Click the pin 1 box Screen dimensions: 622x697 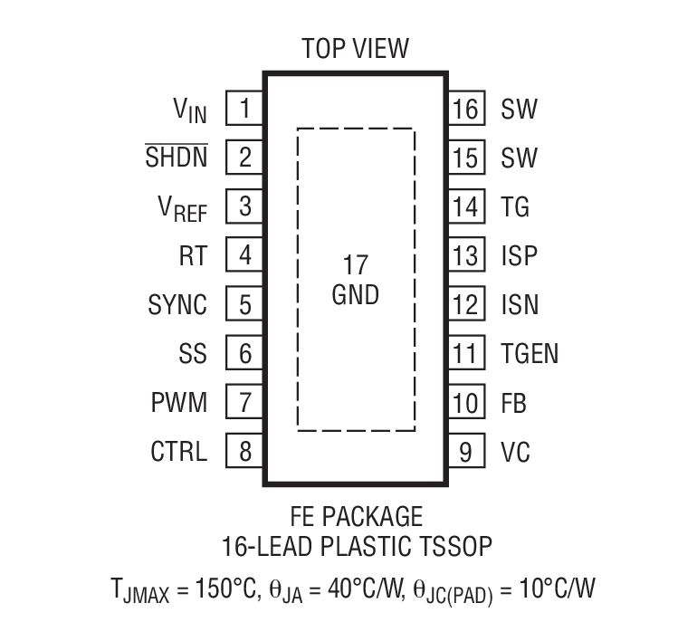[x=244, y=110]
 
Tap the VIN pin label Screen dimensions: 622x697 [x=190, y=110]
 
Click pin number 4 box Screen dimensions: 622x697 [x=244, y=256]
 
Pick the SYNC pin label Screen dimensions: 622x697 [x=177, y=305]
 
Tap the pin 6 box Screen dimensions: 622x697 [x=244, y=354]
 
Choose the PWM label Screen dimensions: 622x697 [x=179, y=402]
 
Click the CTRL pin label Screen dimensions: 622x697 [x=178, y=451]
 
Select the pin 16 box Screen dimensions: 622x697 [x=465, y=110]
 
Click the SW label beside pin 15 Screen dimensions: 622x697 [x=519, y=158]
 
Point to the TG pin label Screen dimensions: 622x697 [x=515, y=207]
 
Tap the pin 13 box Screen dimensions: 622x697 [x=465, y=256]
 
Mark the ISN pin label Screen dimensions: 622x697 [x=520, y=305]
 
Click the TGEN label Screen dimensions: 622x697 [x=530, y=354]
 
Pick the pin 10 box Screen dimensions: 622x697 [x=465, y=402]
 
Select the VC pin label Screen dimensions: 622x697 [x=515, y=451]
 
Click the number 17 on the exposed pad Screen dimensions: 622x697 [x=356, y=265]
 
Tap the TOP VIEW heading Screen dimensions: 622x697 [x=356, y=48]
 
